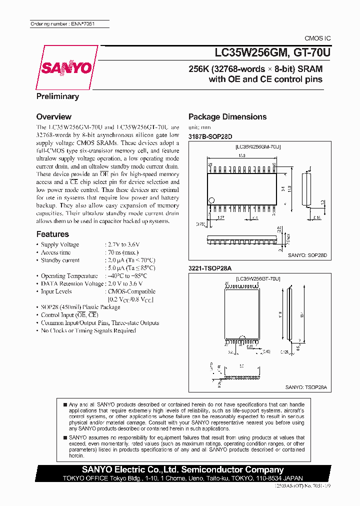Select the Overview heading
pyautogui.click(x=53, y=116)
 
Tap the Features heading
pyautogui.click(x=52, y=234)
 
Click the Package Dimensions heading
pyautogui.click(x=227, y=116)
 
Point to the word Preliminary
pyautogui.click(x=57, y=96)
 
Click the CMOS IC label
pyautogui.click(x=317, y=38)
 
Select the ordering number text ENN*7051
pyautogui.click(x=62, y=24)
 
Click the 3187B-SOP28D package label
pyautogui.click(x=210, y=136)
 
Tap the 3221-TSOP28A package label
pyautogui.click(x=210, y=268)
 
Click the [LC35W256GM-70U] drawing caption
pyautogui.click(x=258, y=146)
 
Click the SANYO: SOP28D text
pyautogui.click(x=307, y=255)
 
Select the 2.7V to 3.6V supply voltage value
pyautogui.click(x=122, y=244)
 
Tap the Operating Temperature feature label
pyautogui.click(x=69, y=275)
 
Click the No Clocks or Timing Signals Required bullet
pyautogui.click(x=88, y=330)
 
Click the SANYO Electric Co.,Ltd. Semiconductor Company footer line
pyautogui.click(x=182, y=469)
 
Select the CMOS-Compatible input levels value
pyautogui.click(x=131, y=291)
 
